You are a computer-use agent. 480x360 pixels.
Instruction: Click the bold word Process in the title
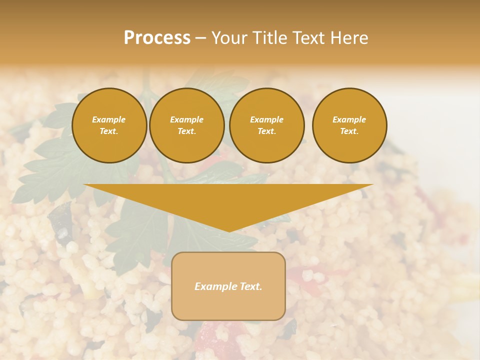157,38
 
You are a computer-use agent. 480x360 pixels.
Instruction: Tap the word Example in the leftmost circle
109,119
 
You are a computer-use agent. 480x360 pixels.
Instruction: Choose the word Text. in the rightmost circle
349,131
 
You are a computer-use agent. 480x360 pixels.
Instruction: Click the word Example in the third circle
266,119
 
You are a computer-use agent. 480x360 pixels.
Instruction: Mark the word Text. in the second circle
186,131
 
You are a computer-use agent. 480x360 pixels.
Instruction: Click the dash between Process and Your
200,38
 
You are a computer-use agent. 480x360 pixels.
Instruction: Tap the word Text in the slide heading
309,38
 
